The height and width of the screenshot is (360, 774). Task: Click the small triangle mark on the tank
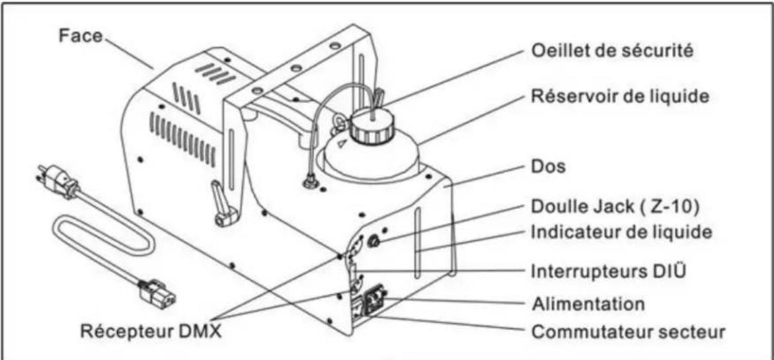pyautogui.click(x=341, y=143)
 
